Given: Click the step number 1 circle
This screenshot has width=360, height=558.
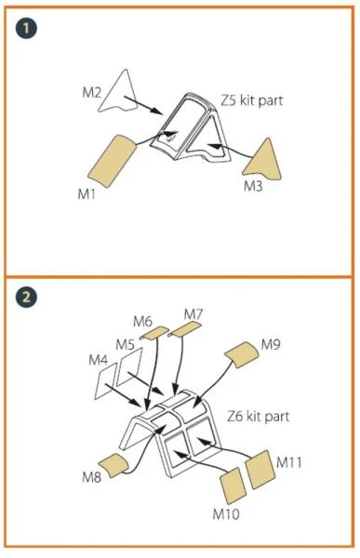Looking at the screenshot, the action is coord(26,28).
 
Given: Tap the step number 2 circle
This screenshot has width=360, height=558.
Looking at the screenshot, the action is coord(26,297).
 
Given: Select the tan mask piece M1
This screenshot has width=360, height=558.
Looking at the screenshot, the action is coord(112,160).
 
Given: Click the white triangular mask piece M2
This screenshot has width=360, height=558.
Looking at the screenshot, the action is coord(119,91).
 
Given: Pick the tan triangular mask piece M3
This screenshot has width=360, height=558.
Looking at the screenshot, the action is coord(264,160).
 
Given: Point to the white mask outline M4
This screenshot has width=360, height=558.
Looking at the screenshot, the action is coord(105,381).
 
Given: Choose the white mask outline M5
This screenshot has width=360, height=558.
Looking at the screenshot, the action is coord(129,367).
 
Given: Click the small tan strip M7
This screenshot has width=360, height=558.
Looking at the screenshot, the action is coord(184,328).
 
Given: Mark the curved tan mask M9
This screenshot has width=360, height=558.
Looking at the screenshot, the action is coord(241,355).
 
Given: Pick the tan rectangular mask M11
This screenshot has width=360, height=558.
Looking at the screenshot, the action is coord(260,470).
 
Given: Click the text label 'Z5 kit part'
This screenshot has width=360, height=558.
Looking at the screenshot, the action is coord(252,100).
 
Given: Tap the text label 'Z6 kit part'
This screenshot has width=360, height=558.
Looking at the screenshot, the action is coord(259,417).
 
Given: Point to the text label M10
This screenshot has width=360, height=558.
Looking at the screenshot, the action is coord(226,514).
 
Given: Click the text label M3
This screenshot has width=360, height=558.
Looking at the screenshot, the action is coord(253,186).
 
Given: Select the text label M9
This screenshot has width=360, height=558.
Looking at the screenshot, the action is coord(271,344).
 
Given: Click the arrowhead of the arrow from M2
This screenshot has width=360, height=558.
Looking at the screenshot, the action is coord(156,111).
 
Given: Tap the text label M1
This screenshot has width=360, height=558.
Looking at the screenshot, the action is coord(87,194).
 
